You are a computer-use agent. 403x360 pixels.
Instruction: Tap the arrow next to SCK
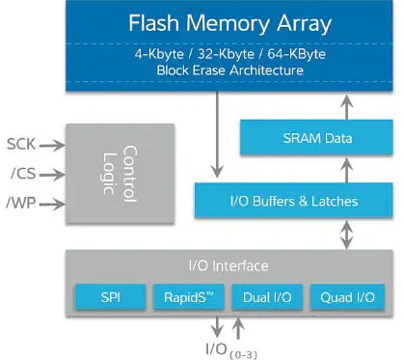click(54, 145)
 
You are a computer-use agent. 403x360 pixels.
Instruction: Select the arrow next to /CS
click(54, 175)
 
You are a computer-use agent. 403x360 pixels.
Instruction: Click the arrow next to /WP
click(54, 205)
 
